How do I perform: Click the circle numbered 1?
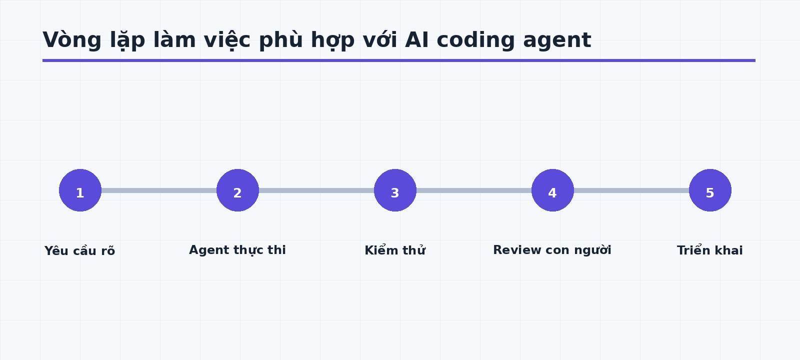[80, 190]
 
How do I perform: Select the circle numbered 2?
[237, 190]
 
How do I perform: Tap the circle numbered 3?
[395, 190]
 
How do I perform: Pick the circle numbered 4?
[552, 190]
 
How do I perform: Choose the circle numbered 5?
[710, 190]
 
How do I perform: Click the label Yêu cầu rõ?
[79, 250]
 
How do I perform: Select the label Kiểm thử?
[395, 250]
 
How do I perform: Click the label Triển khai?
[710, 250]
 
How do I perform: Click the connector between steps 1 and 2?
[159, 190]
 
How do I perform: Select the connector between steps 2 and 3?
[316, 190]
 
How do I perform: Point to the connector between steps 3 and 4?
[474, 190]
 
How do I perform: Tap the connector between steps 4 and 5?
[631, 190]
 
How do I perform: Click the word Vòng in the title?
[72, 40]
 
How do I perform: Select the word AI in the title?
[417, 39]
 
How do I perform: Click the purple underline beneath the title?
[399, 60]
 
